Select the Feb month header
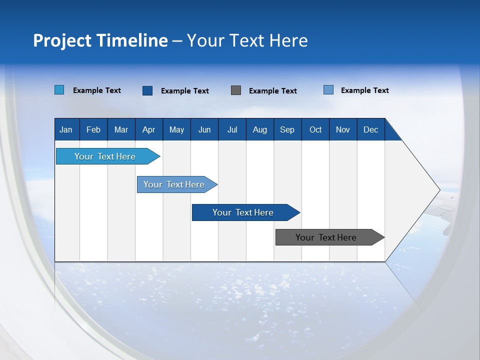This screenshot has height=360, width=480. tap(93, 129)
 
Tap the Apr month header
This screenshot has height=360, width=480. tap(149, 129)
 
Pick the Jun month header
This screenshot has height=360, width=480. tap(204, 129)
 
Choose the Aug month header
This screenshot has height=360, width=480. tap(260, 129)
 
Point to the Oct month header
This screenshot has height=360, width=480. tap(315, 129)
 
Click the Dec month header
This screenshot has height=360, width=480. tap(370, 129)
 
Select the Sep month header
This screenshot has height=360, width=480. tap(287, 129)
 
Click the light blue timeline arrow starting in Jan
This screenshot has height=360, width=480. tap(108, 156)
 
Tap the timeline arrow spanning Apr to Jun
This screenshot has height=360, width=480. tap(177, 184)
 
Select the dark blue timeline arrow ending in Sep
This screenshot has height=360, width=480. tap(246, 212)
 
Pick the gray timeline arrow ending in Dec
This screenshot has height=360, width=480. tap(330, 237)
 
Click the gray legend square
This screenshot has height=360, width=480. tap(235, 90)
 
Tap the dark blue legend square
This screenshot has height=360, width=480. tap(147, 90)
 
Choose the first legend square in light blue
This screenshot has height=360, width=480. tap(59, 89)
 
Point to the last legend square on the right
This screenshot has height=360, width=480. tap(328, 89)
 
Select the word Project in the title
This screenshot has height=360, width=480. tap(62, 40)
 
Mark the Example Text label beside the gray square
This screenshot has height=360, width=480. tap(273, 91)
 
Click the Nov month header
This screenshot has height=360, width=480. tap(343, 129)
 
